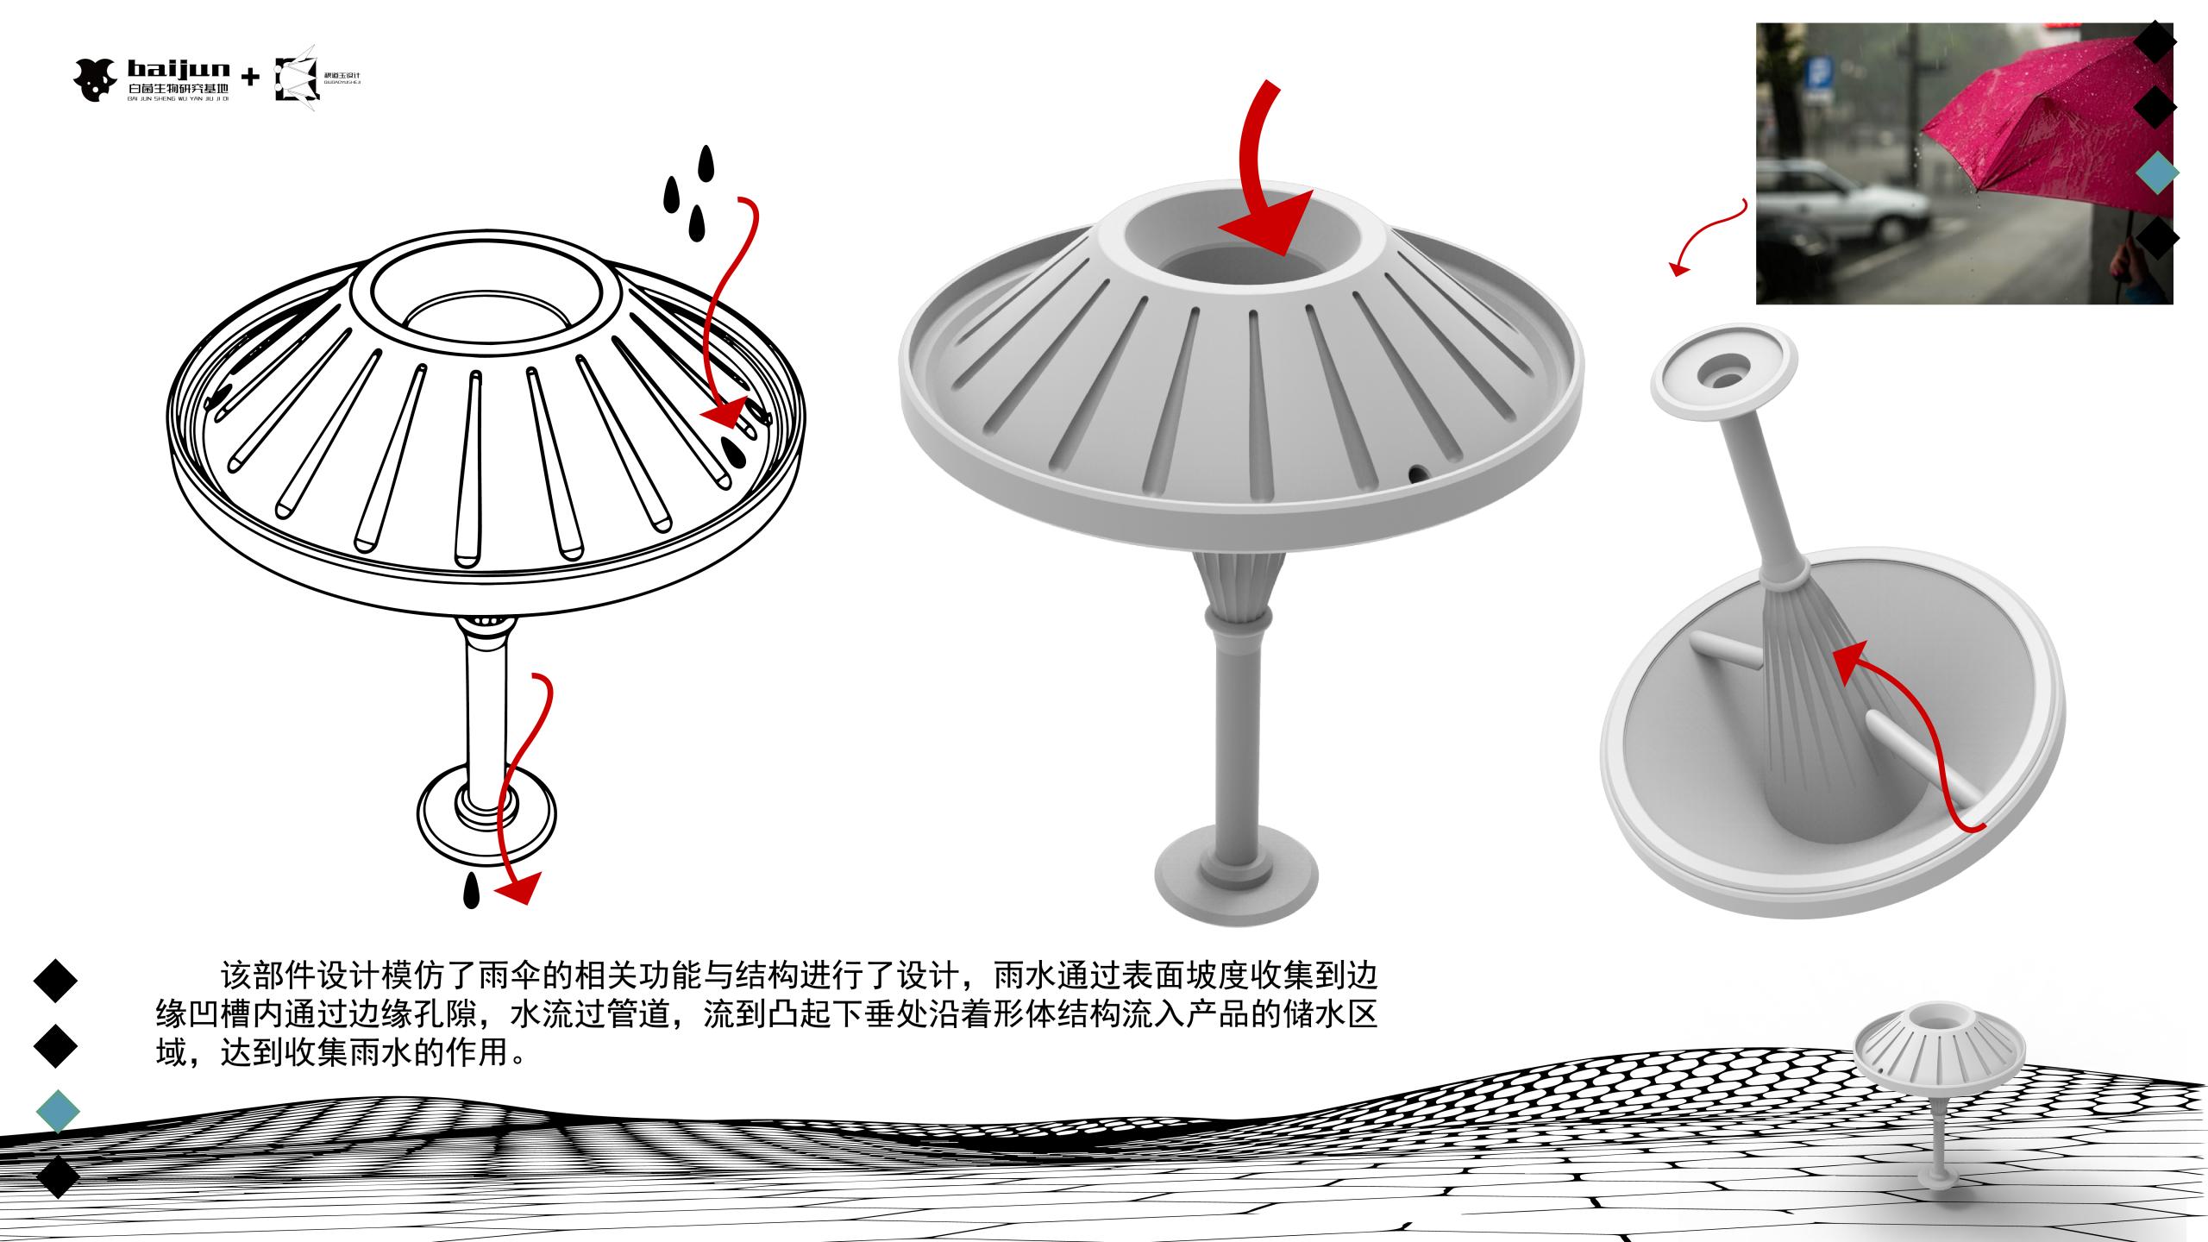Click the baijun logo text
click(178, 68)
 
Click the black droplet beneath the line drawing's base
click(470, 892)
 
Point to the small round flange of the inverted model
click(1723, 368)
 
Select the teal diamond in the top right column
click(2158, 173)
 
